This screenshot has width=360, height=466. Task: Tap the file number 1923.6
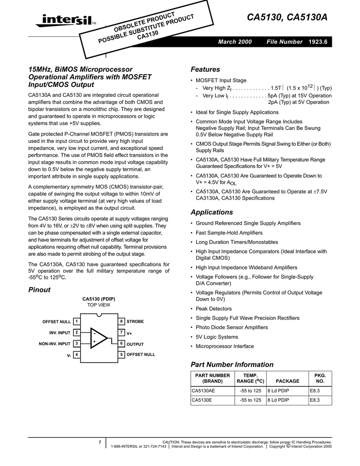318,42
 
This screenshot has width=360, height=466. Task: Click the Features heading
205,69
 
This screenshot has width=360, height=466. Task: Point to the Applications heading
211,212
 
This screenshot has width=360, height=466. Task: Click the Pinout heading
39,290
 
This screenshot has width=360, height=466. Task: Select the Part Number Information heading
232,365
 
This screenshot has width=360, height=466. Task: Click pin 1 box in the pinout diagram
77,322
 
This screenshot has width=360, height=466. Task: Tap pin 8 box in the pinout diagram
122,322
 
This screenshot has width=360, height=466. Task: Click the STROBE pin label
135,322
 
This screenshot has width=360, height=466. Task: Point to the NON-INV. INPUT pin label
54,344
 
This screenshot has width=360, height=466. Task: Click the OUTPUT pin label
135,344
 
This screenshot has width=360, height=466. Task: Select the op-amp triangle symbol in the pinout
98,338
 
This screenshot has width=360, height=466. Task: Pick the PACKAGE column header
288,381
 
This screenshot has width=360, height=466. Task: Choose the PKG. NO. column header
320,378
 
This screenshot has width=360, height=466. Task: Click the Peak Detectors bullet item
213,309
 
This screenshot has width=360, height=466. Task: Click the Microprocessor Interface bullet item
225,346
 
